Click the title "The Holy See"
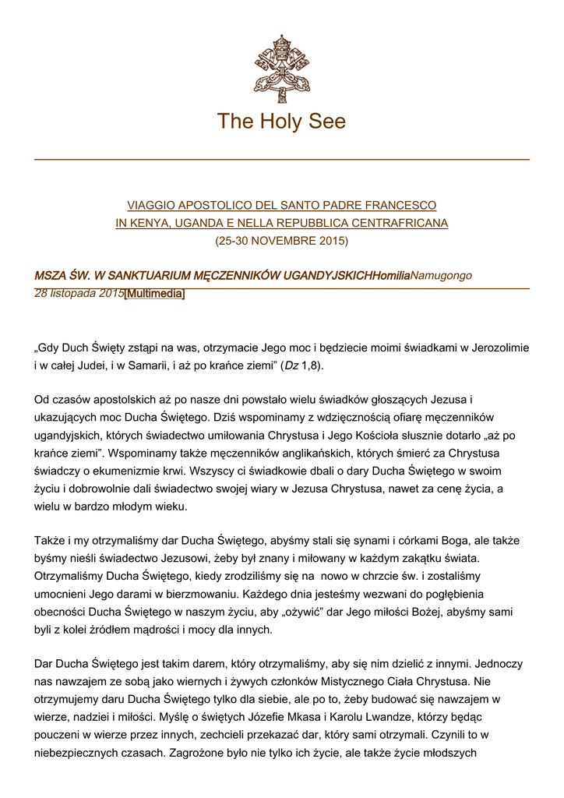[281, 122]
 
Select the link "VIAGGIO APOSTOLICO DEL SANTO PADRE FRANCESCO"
[281, 206]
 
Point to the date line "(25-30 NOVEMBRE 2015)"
[281, 241]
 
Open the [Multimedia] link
[154, 294]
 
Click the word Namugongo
[441, 276]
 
